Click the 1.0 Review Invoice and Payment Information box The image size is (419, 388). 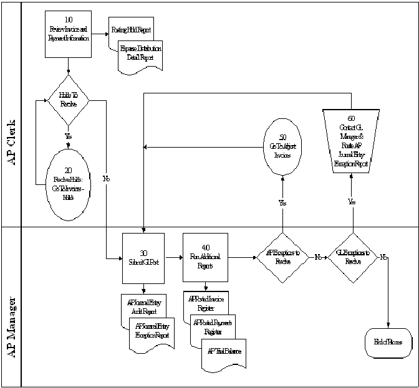point(68,34)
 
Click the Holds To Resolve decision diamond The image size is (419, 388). point(69,99)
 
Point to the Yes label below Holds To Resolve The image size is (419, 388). point(68,135)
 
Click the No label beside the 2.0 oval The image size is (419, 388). point(106,179)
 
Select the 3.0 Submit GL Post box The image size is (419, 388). point(143,258)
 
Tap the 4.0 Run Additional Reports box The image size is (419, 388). point(204,258)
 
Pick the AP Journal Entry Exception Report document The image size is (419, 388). point(151,331)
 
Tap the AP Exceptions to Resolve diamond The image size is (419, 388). point(283,257)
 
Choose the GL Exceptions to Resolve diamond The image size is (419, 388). point(353,257)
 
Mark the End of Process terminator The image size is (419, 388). point(388,343)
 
